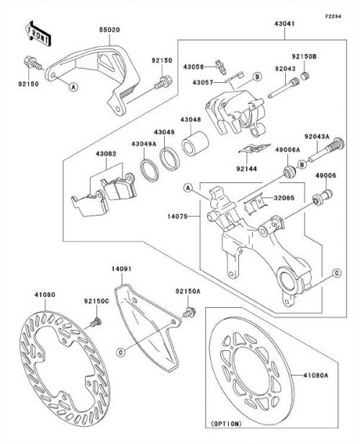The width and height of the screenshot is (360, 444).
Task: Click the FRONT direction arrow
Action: point(37,33)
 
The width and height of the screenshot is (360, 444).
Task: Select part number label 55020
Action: point(109,30)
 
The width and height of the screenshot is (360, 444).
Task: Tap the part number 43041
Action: point(284,24)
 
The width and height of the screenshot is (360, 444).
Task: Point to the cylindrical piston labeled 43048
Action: point(195,143)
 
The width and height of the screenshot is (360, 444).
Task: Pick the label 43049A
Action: point(144,144)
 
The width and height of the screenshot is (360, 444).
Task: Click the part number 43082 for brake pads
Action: point(106,154)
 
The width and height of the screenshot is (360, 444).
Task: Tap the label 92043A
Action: point(317,136)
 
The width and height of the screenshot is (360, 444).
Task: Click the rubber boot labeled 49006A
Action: point(289,172)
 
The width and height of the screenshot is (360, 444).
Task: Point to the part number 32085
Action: point(284,197)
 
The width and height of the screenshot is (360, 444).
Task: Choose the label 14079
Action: point(177,217)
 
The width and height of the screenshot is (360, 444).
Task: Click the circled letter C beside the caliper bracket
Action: point(336,273)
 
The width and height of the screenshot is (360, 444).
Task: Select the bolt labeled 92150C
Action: point(96,322)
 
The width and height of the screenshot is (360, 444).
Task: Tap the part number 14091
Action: point(121,269)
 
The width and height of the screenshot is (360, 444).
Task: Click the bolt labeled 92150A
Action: point(189,312)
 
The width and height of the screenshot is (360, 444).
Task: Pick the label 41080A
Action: point(316,376)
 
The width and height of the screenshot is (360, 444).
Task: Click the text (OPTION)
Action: point(226,424)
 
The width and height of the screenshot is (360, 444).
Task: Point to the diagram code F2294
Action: point(333,17)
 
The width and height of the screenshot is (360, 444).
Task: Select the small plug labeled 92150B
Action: point(305,76)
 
